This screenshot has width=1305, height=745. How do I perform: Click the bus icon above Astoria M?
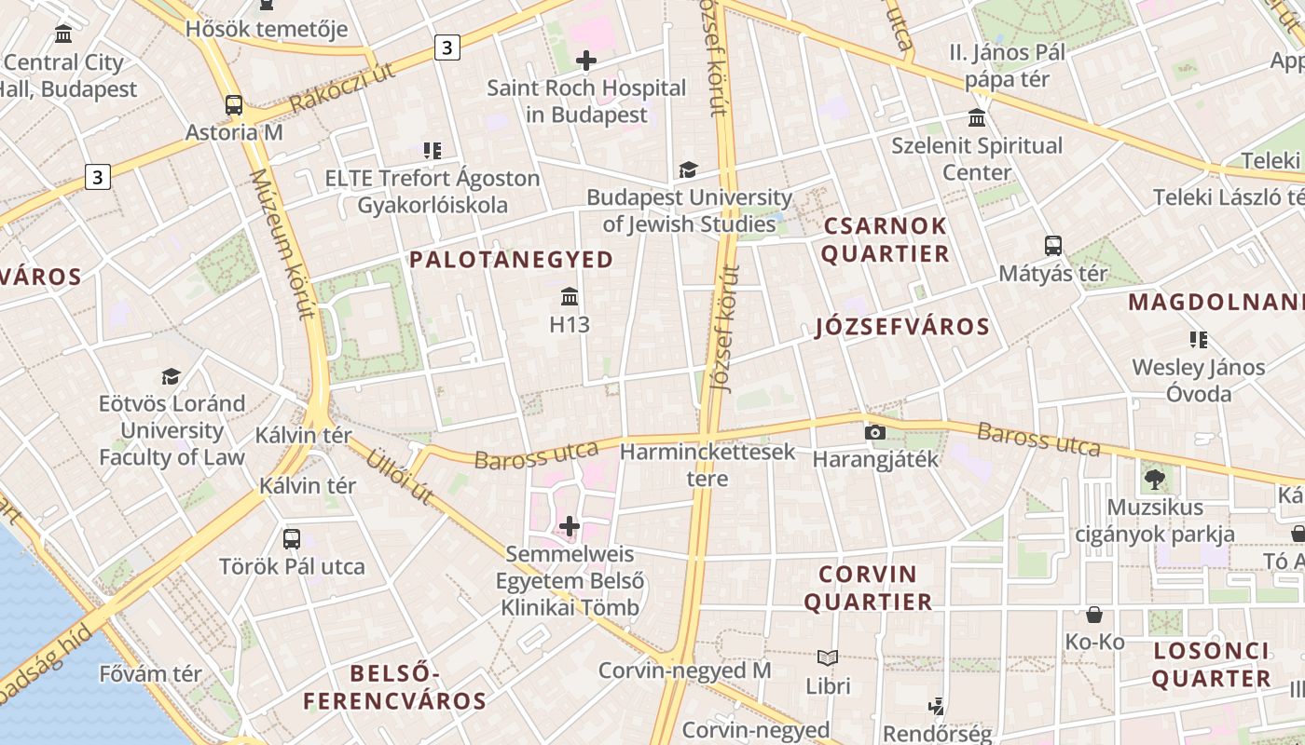(234, 105)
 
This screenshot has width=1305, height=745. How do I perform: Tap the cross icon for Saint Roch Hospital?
(586, 61)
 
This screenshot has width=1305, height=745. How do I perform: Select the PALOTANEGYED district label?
(512, 260)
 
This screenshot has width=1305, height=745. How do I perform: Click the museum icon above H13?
(570, 297)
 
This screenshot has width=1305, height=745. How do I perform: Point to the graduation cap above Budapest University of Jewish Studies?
(688, 169)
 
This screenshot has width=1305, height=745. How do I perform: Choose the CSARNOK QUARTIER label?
(885, 239)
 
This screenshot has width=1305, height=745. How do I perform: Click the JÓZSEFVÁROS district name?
(901, 327)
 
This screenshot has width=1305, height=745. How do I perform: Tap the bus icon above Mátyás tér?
(1053, 246)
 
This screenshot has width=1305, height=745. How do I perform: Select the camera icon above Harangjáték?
(874, 432)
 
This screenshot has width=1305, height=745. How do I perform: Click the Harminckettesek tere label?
(707, 465)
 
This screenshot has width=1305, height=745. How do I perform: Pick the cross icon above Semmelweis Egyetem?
(570, 527)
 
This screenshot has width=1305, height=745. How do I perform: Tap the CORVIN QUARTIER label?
(868, 588)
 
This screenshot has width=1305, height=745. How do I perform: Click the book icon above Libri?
(828, 657)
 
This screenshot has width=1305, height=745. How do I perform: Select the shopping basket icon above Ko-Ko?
(1094, 615)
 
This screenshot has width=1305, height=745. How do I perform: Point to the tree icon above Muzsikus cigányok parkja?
(1154, 480)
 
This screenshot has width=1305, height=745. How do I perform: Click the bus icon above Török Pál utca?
(292, 538)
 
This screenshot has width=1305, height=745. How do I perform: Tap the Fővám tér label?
(150, 673)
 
